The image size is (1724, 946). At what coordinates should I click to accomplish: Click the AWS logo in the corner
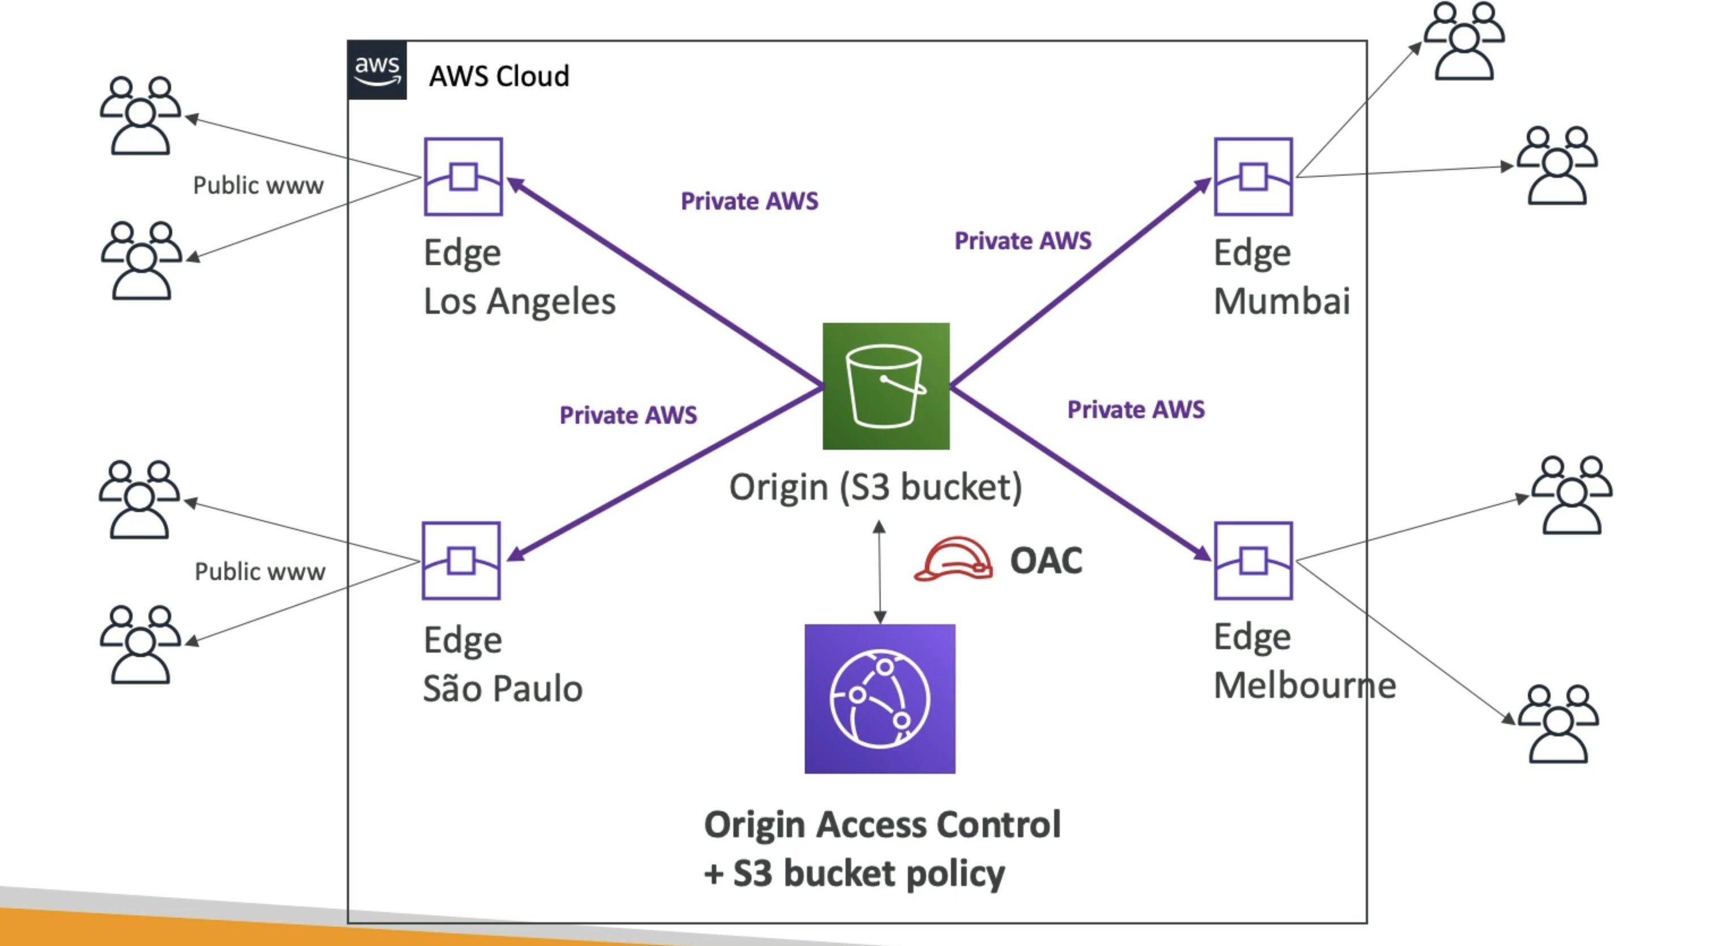point(377,70)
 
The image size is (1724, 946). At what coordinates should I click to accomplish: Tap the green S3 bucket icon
point(885,386)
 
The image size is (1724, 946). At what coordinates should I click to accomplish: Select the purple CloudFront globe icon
point(880,698)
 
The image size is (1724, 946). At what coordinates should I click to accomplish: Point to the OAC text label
point(1046,561)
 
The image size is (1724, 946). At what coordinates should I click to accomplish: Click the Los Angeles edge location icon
point(463,177)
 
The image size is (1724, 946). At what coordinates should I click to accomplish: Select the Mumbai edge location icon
point(1253,177)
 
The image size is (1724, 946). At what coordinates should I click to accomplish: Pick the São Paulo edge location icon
point(461,561)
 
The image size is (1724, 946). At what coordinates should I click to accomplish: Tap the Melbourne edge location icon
point(1253,561)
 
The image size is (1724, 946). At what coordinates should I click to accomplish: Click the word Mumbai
point(1281,301)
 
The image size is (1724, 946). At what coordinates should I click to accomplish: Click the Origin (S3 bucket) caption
point(876,487)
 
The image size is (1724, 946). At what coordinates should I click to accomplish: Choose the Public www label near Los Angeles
point(258,185)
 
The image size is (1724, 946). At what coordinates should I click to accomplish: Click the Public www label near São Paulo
point(260,572)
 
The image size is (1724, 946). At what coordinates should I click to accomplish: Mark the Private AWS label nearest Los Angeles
point(750,201)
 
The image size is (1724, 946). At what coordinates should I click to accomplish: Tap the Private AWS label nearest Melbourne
point(1136,410)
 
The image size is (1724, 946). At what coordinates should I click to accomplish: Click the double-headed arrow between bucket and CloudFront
point(880,573)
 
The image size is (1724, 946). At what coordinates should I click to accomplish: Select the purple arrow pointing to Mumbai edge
point(1081,282)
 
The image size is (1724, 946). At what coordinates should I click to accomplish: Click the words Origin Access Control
point(882,824)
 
